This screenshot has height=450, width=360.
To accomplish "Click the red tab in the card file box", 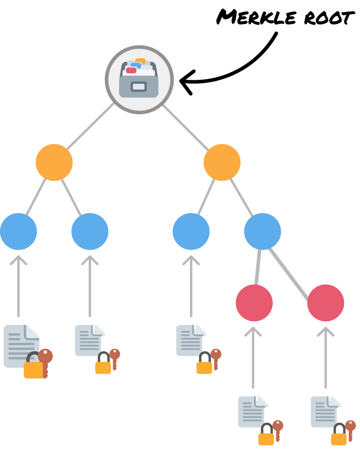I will [x=131, y=70].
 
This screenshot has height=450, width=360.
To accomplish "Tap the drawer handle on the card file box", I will [x=139, y=87].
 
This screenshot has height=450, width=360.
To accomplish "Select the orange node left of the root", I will [x=54, y=162].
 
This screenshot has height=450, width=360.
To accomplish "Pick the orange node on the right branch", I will [x=222, y=162].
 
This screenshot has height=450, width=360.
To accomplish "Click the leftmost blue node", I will [x=19, y=231].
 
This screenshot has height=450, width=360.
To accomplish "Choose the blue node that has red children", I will [x=262, y=231].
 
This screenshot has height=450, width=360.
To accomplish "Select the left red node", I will [x=254, y=302].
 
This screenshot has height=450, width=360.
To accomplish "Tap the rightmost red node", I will [x=325, y=302].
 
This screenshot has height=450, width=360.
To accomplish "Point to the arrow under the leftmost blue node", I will [x=19, y=285].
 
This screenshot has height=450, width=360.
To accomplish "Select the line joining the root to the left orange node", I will [x=90, y=126].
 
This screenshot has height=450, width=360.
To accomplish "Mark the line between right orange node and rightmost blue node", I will [x=242, y=197].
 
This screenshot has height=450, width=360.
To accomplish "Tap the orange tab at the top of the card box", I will [x=141, y=61].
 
